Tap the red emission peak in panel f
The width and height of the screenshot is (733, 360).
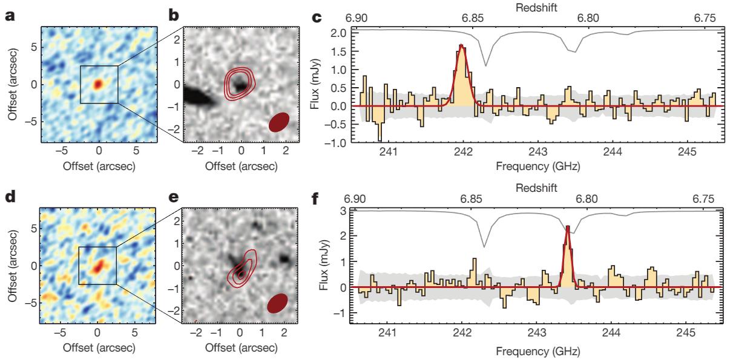(568, 227)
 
